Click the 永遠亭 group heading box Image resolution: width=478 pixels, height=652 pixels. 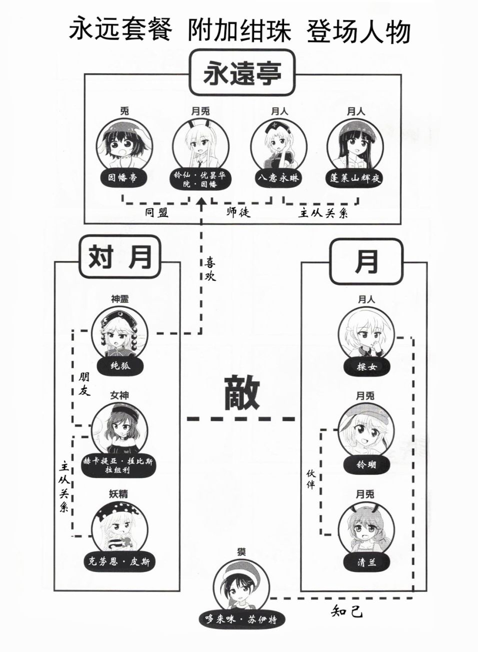pyautogui.click(x=242, y=74)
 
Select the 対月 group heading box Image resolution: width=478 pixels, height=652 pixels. pyautogui.click(x=119, y=258)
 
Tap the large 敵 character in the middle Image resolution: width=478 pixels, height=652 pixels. pyautogui.click(x=241, y=393)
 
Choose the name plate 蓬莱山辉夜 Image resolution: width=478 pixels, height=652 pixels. pyautogui.click(x=355, y=177)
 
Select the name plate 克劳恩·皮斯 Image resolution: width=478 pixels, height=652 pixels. pyautogui.click(x=120, y=562)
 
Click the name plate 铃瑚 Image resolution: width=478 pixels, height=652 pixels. pyautogui.click(x=366, y=464)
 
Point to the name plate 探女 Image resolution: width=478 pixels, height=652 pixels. pyautogui.click(x=366, y=367)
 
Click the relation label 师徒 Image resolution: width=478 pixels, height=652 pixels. pyautogui.click(x=238, y=212)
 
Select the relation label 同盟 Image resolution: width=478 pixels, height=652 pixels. pyautogui.click(x=157, y=212)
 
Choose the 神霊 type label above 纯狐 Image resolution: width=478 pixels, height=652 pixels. pyautogui.click(x=120, y=299)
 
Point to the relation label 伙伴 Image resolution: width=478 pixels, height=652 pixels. pyautogui.click(x=310, y=479)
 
